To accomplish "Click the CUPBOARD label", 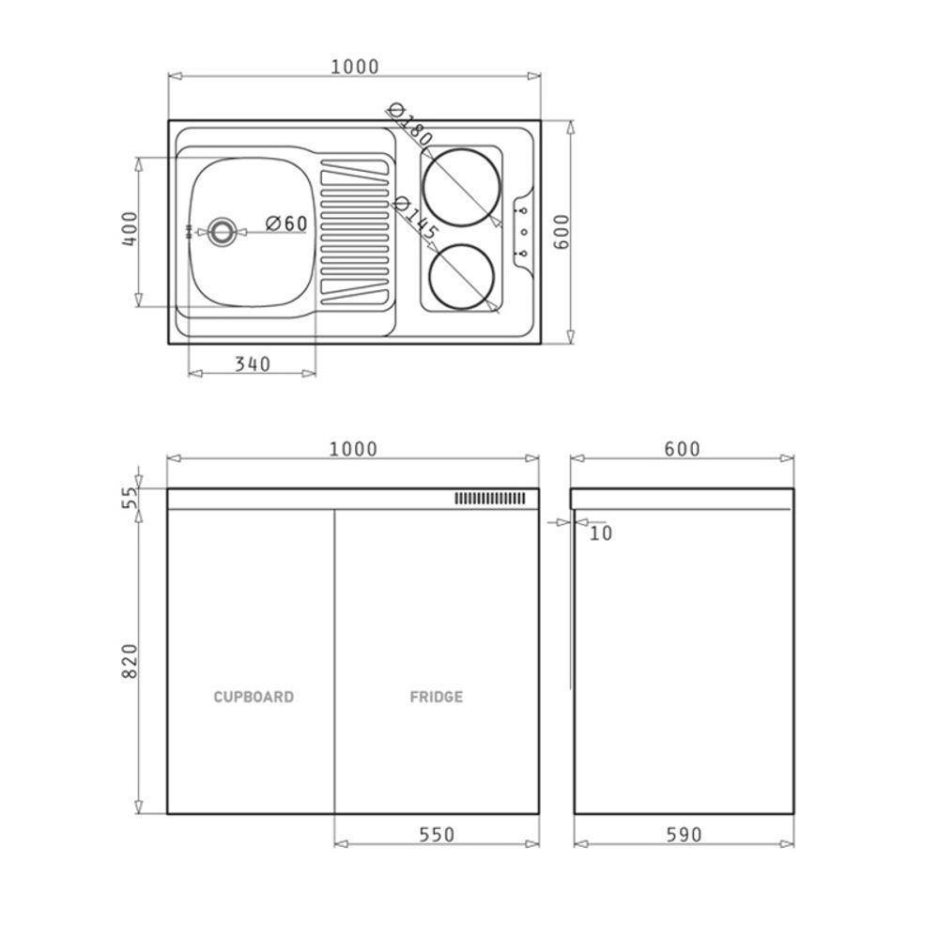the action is [x=254, y=697].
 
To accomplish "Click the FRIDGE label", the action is [x=437, y=697].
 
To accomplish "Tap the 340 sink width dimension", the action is [x=252, y=364].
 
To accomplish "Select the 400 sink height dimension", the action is [x=130, y=228].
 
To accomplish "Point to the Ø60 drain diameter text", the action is [x=286, y=224].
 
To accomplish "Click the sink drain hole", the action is [x=222, y=231].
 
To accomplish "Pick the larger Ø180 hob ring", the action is [x=461, y=188].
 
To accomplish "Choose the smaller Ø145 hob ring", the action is [x=462, y=277].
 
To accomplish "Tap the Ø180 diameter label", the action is [x=409, y=125].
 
